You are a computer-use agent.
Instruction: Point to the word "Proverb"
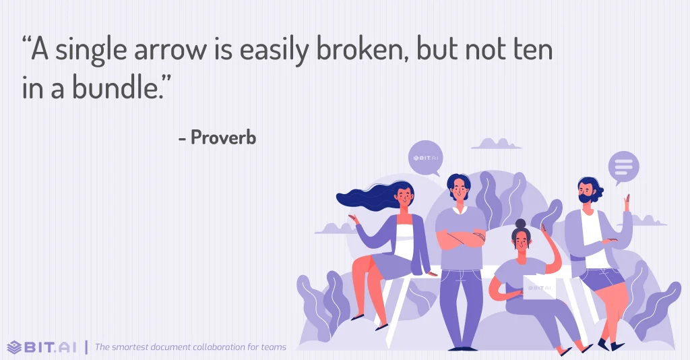coord(223,138)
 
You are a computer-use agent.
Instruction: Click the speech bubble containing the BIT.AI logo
coord(425,158)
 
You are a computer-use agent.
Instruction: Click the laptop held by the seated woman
coord(538,287)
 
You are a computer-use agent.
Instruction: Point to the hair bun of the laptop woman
coord(520,224)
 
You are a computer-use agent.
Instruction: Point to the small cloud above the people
coord(497,143)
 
